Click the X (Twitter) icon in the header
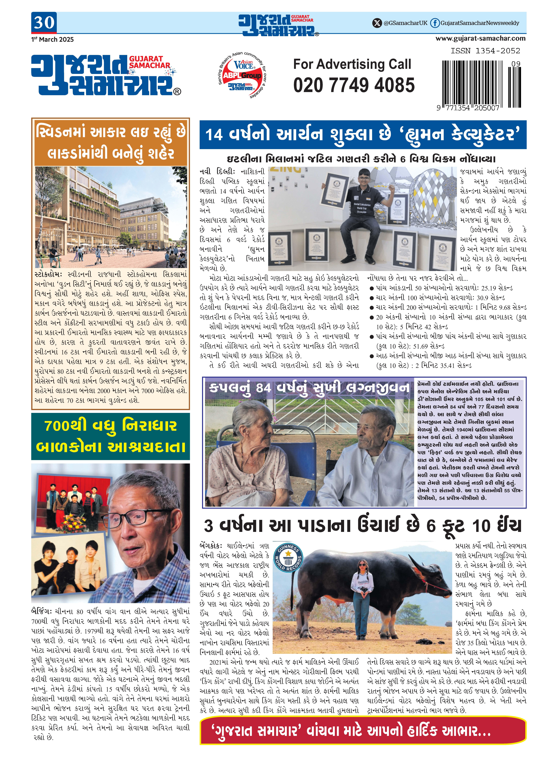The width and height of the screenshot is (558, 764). tap(377, 23)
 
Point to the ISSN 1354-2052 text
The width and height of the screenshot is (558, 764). tap(485, 51)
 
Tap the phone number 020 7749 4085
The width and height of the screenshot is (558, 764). tap(354, 85)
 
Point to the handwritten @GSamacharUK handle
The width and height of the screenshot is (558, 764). tap(405, 23)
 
